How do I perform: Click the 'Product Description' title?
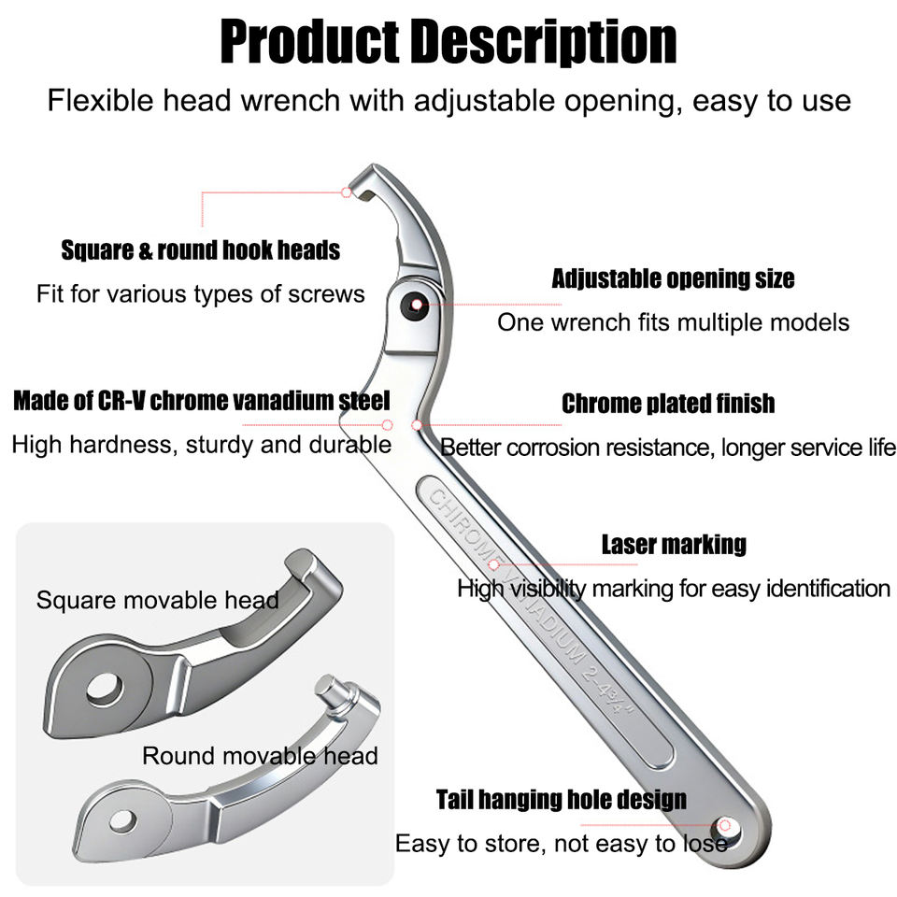(x=448, y=41)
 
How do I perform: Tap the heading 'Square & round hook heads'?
(x=200, y=250)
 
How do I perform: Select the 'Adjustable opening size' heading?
(x=673, y=278)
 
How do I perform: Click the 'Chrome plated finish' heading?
(x=668, y=404)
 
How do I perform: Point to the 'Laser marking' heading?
(x=674, y=544)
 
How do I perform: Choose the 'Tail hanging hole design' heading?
(x=562, y=799)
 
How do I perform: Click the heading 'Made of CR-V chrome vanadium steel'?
(x=202, y=401)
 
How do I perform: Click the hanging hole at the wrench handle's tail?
(x=725, y=827)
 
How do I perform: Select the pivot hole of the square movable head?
(x=105, y=689)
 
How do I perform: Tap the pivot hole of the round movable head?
(x=123, y=821)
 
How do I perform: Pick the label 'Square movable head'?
(x=158, y=600)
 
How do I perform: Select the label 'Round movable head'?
(x=260, y=756)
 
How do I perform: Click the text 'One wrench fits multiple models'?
(x=674, y=322)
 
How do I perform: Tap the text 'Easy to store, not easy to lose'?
(x=562, y=844)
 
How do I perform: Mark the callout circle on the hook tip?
(x=346, y=192)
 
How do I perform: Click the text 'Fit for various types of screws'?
(x=200, y=294)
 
